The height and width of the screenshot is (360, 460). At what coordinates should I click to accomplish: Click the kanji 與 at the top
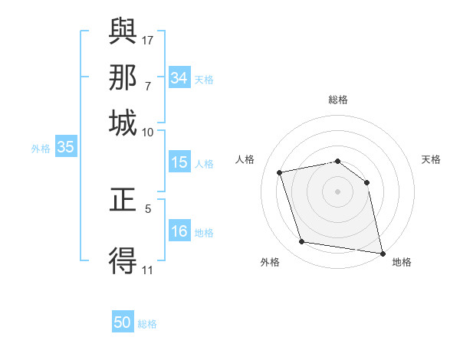(x=123, y=31)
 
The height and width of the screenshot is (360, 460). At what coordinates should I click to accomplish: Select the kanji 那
(x=123, y=77)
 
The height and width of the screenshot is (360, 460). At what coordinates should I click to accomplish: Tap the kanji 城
(x=123, y=123)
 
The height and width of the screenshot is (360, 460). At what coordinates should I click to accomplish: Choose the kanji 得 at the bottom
(x=123, y=260)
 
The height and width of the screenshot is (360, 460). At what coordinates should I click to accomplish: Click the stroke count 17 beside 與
(x=148, y=39)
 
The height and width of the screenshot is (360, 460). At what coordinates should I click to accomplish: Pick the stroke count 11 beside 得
(x=148, y=269)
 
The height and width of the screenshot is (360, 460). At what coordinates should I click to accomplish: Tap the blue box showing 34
(x=179, y=78)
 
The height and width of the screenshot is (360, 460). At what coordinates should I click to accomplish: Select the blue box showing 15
(x=179, y=162)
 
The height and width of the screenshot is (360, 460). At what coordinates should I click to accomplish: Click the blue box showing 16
(x=179, y=231)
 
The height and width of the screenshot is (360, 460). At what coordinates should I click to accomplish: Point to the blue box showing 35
(x=65, y=148)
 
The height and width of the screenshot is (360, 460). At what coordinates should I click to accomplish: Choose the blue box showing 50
(x=123, y=323)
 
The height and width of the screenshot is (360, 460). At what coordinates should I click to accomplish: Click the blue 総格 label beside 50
(x=148, y=325)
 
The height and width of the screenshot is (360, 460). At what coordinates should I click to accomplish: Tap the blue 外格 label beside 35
(x=41, y=149)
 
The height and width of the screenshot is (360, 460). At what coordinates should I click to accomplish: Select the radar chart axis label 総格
(x=338, y=100)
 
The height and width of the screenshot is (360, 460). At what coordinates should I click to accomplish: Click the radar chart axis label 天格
(x=431, y=159)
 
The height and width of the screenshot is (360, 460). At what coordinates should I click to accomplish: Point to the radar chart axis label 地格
(x=402, y=262)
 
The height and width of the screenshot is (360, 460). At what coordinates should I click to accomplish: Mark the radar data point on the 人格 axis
(x=280, y=172)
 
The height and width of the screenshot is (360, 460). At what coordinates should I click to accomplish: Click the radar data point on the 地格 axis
(x=381, y=252)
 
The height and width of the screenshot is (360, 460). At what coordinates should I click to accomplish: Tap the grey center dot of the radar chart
(x=338, y=191)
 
